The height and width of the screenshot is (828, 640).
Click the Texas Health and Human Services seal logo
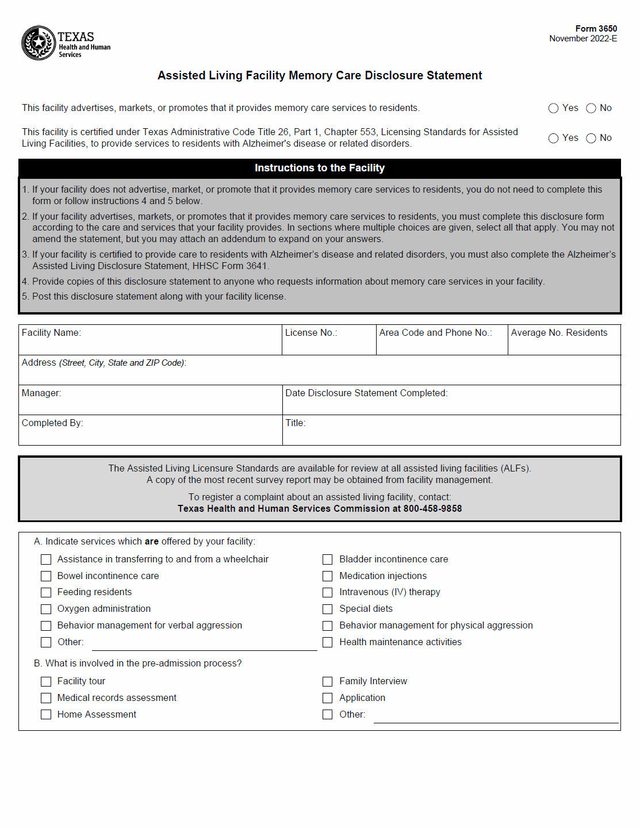coord(39,43)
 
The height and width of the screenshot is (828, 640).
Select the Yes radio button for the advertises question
coord(553,108)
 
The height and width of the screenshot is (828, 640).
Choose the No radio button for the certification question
coord(591,138)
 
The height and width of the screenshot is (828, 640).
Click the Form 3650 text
coord(596,29)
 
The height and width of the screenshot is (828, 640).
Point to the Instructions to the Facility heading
coord(320,168)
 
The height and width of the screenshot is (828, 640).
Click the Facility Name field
coord(150,343)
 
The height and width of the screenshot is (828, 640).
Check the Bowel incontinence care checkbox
coord(46,576)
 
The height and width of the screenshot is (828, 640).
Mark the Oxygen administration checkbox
coord(46,609)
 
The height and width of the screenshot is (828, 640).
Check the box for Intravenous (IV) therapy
coord(328,592)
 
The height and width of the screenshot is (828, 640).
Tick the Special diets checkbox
coord(328,609)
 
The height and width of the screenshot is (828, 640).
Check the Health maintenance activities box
coord(328,642)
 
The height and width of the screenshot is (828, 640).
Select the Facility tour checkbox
coord(46,681)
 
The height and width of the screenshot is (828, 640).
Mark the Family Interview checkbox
coord(328,681)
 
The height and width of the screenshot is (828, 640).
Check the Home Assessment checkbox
coord(46,715)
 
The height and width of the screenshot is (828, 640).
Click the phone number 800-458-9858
coord(432,508)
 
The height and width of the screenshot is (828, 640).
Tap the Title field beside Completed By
coord(451,432)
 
